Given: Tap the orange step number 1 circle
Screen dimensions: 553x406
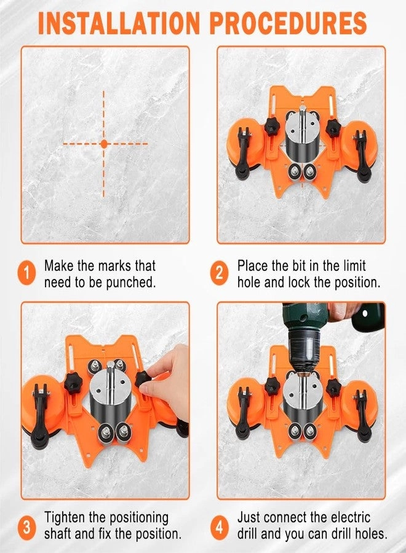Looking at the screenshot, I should coord(27,274).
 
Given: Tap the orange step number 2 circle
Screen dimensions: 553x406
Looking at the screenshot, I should coord(220,274).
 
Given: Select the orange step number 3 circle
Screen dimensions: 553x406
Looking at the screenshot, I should coord(27,526).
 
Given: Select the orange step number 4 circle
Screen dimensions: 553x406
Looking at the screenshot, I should coord(220,526).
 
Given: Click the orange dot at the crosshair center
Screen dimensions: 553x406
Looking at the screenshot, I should coord(104,144).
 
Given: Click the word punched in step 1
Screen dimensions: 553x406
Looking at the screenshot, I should coord(130,283).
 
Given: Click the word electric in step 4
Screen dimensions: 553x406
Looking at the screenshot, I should coord(350,517).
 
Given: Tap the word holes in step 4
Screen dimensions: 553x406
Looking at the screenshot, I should coord(369,534).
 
